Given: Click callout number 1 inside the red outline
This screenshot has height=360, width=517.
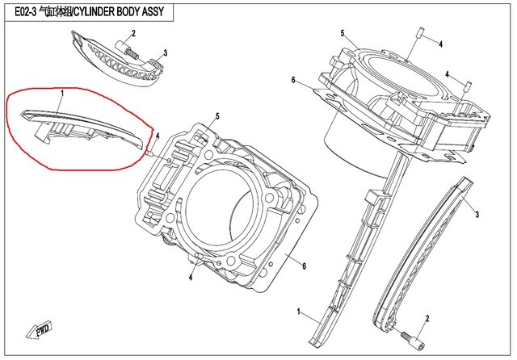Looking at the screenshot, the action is (61, 95).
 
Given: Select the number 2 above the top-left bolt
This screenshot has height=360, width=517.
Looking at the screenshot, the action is (133, 32).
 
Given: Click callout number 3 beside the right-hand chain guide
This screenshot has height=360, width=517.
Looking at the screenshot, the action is (477, 215).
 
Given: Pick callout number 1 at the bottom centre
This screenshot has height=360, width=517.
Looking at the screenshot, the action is (299, 312).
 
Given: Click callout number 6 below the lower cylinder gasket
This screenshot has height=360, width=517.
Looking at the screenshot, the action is (304, 266).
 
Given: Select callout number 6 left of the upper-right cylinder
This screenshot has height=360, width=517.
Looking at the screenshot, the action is (295, 80).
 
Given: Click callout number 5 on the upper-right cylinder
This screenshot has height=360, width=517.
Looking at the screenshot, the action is (342, 33).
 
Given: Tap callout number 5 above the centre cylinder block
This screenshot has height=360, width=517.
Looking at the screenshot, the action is (217, 115).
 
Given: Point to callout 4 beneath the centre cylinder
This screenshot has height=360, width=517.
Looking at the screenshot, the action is (190, 278).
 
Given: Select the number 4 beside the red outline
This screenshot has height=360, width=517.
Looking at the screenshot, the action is (158, 136).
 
